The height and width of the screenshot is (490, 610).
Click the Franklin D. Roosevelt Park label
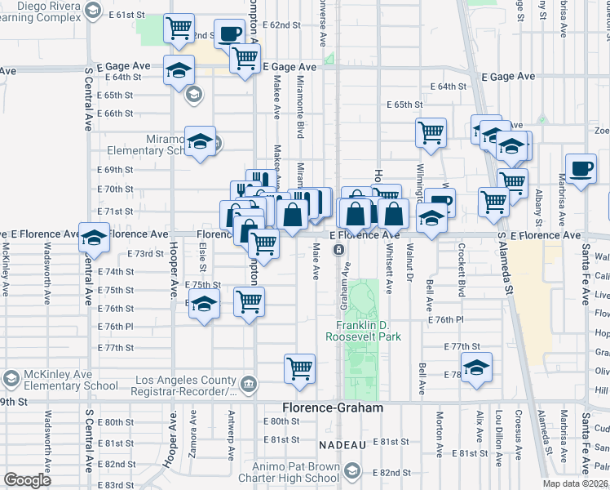point(363,330)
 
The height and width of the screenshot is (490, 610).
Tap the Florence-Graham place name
point(332,407)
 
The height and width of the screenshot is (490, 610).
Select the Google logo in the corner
point(27,480)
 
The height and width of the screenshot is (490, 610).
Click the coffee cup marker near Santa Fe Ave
point(581,169)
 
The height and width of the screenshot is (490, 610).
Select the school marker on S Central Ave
point(95,237)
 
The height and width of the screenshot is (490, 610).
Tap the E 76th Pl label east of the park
point(446,320)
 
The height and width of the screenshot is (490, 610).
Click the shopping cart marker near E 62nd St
point(179,28)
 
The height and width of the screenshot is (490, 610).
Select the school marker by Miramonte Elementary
point(200,141)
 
